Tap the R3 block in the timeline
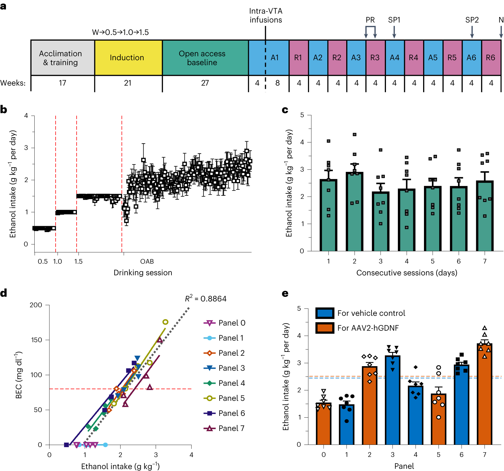coord(375,58)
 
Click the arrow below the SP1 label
coord(394,32)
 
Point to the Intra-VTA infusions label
coord(266,15)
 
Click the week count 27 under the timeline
coord(205,83)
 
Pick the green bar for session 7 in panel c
coord(485,216)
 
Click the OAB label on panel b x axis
coord(147,261)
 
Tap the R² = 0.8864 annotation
coord(206,299)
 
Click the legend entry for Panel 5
coord(224,398)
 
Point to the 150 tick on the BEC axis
coord(37,340)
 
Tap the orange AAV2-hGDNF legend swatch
coord(325,328)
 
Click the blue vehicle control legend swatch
coord(325,313)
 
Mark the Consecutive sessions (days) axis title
coord(407,273)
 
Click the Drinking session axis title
coord(143,273)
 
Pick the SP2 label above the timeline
coord(472,20)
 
